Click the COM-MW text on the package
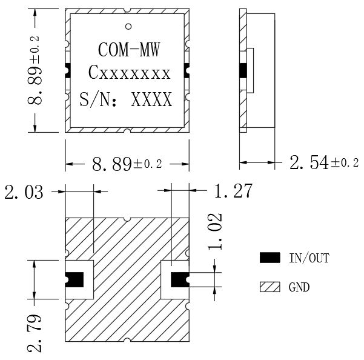[x=129, y=50]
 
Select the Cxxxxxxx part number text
[x=129, y=73]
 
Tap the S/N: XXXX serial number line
[x=126, y=99]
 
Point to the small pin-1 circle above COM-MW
[x=128, y=27]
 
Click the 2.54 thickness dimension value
[x=309, y=162]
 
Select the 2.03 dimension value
[x=24, y=192]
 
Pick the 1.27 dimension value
[x=233, y=191]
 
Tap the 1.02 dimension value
[x=215, y=232]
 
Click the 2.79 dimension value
[x=35, y=333]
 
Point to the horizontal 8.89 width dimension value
[x=112, y=164]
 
